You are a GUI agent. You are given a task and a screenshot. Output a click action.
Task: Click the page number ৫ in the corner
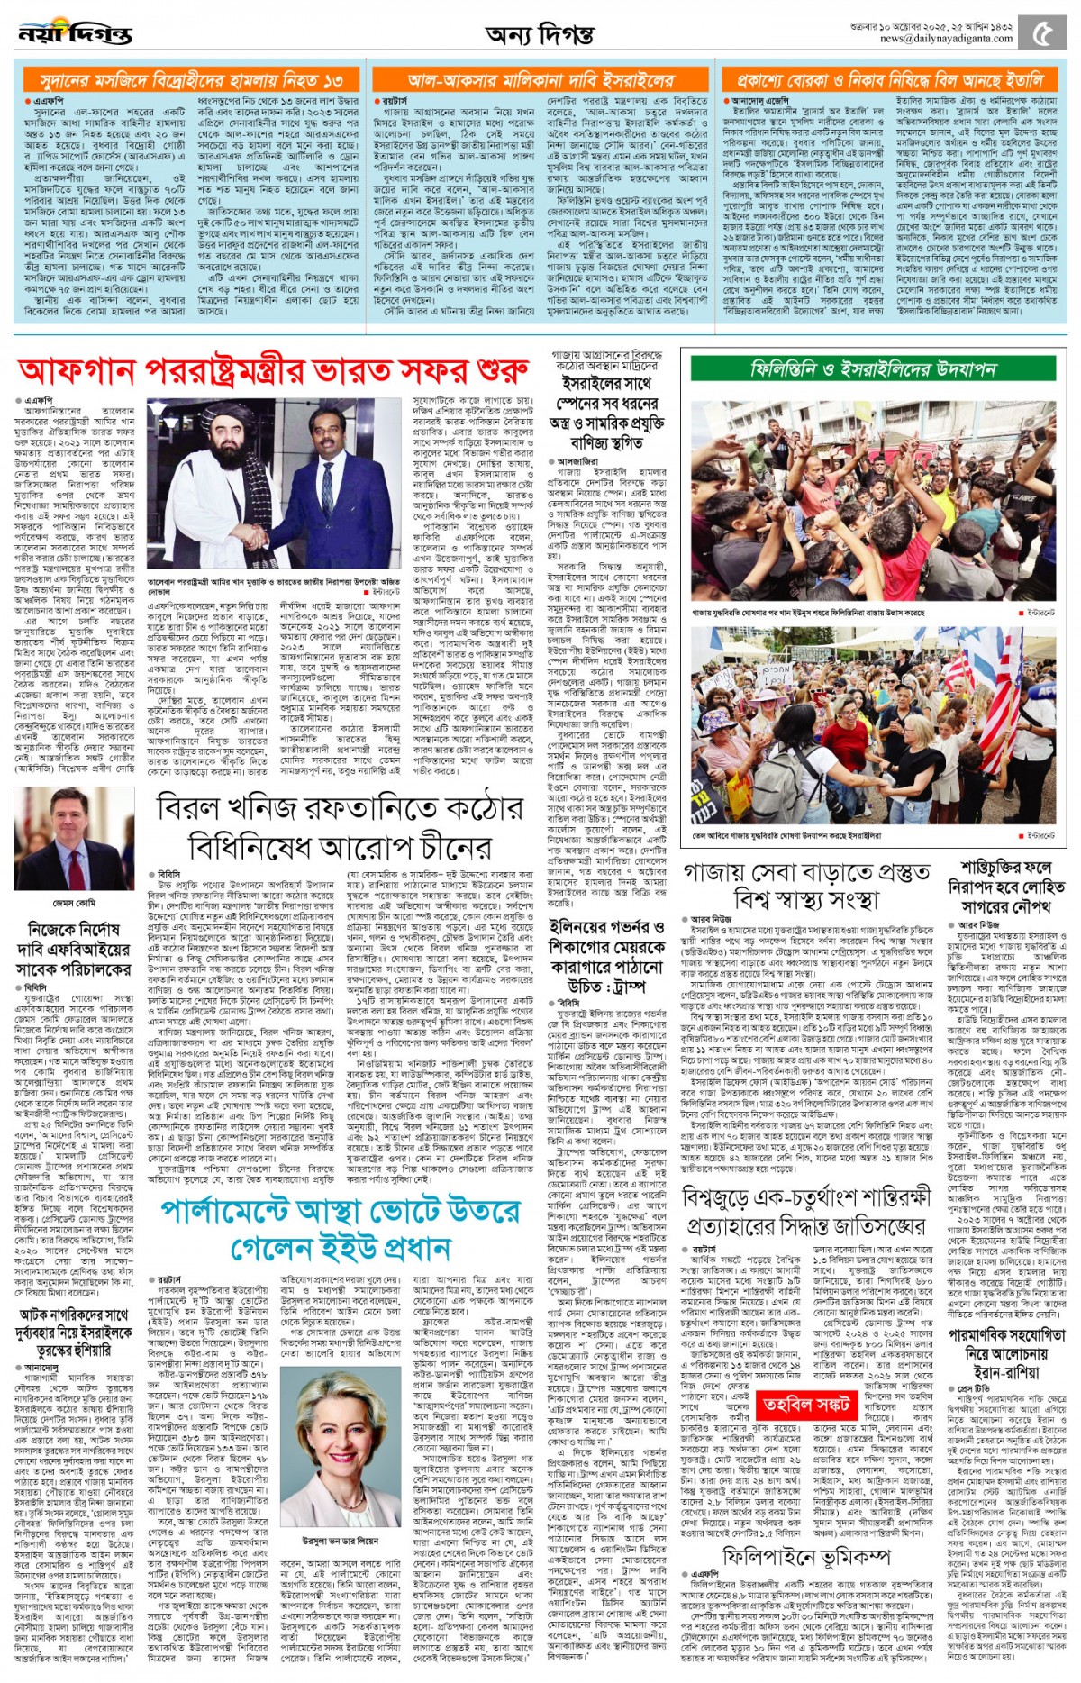coord(1042,33)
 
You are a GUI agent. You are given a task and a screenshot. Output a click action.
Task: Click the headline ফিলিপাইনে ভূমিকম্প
coord(806,1557)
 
